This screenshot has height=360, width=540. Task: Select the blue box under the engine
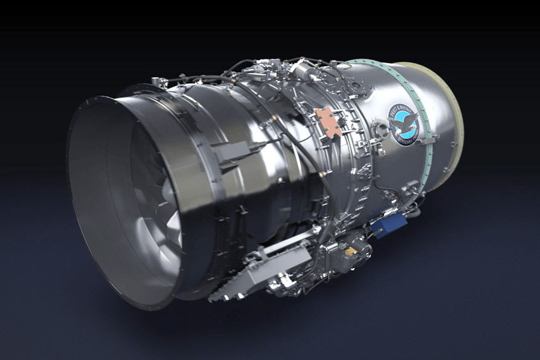click(x=389, y=225)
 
